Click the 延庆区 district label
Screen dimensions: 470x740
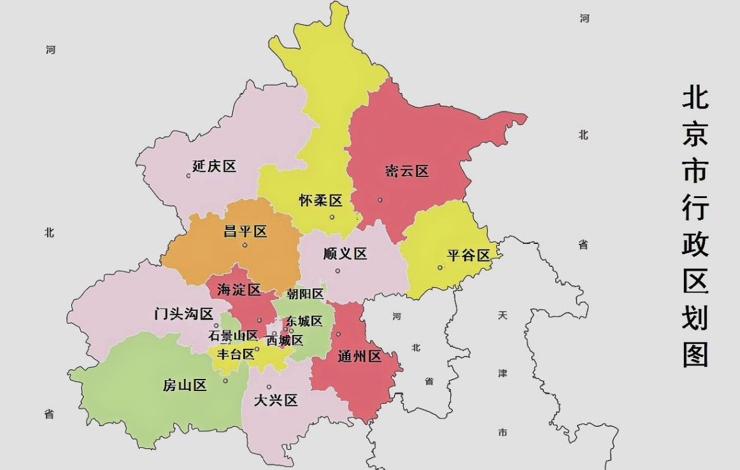pos(215,167)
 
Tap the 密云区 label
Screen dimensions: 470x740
pos(407,171)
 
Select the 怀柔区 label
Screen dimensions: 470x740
pos(321,201)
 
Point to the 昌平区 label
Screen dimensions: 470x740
pos(245,232)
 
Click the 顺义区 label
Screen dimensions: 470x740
pos(345,254)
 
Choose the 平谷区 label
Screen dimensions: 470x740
pos(468,255)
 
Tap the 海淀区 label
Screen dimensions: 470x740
pos(239,290)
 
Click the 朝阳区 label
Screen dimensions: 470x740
pos(305,294)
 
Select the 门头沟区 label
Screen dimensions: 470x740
pos(184,314)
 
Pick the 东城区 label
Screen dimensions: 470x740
pos(304,321)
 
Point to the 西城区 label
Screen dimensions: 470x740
pos(285,341)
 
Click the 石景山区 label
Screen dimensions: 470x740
pos(233,336)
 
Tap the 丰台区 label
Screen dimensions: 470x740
pos(236,355)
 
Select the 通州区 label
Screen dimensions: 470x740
pos(359,357)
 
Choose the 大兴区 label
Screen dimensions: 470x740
pos(276,401)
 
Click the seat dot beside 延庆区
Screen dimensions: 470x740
pos(189,176)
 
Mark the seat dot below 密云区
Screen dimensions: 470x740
pos(380,200)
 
